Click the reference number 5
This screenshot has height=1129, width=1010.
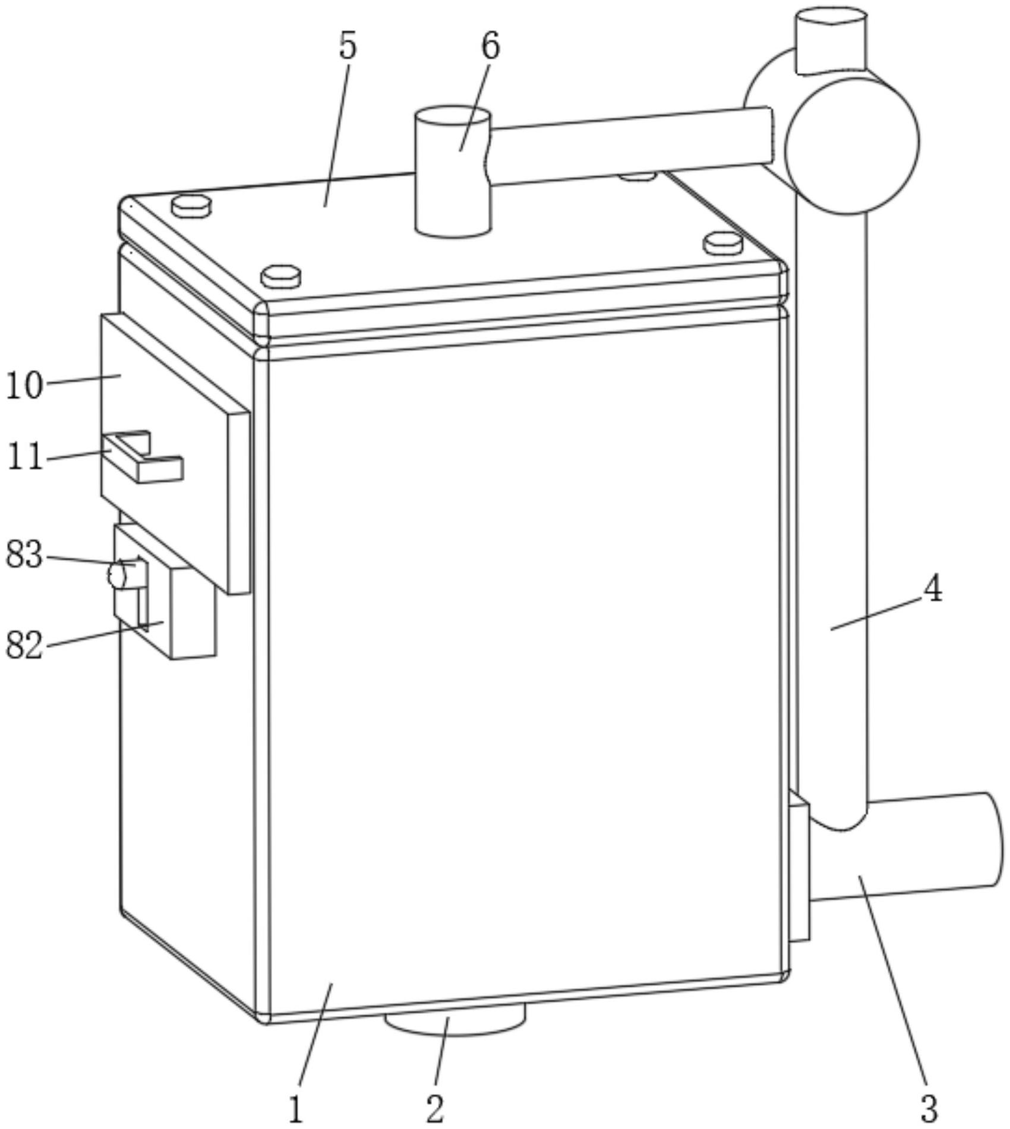(x=348, y=46)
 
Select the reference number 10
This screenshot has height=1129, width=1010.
(x=24, y=385)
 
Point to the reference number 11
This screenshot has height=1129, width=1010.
(x=25, y=457)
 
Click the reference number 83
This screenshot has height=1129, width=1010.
(x=24, y=555)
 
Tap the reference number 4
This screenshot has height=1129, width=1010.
(x=933, y=590)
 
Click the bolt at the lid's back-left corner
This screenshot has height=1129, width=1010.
(x=191, y=206)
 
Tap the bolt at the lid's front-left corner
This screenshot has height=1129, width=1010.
(x=281, y=276)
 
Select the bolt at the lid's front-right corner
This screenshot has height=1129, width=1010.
(x=722, y=243)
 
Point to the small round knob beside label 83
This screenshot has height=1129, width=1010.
(x=117, y=575)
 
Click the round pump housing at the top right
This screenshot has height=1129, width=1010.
(x=851, y=143)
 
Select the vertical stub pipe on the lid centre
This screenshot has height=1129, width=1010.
(x=453, y=172)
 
